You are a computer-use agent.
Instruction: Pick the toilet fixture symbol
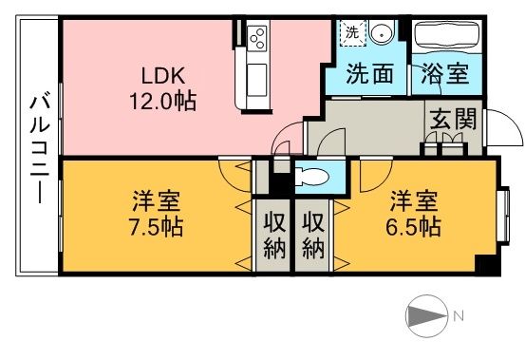coord(310,176)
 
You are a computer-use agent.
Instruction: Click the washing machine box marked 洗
coord(351,32)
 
